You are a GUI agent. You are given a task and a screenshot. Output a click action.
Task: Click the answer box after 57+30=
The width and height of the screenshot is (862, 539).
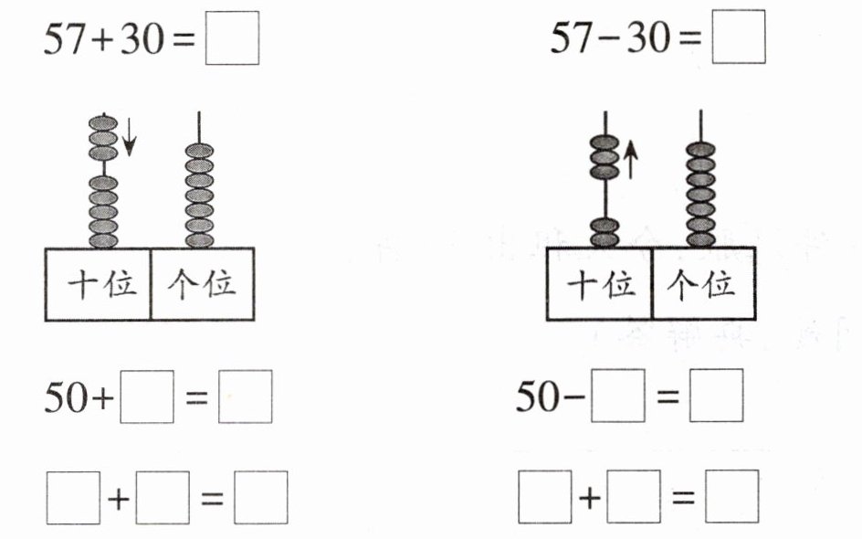tap(232, 40)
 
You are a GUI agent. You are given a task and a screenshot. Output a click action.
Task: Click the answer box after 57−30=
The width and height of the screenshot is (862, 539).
tap(738, 40)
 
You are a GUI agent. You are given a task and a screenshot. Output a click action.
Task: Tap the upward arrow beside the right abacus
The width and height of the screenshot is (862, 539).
tap(631, 159)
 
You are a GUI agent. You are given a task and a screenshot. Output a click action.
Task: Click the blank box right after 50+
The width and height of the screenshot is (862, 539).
tap(148, 397)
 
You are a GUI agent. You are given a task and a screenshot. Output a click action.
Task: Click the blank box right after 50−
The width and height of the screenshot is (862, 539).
tap(618, 397)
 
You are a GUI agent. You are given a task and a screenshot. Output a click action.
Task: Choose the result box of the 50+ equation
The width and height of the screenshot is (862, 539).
tap(245, 397)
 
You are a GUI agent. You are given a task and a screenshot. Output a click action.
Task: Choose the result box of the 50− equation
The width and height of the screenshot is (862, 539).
tap(716, 397)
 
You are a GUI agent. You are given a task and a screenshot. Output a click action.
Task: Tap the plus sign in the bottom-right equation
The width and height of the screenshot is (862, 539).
tap(591, 498)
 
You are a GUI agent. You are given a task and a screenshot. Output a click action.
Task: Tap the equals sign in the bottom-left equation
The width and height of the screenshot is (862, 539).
tap(211, 499)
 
